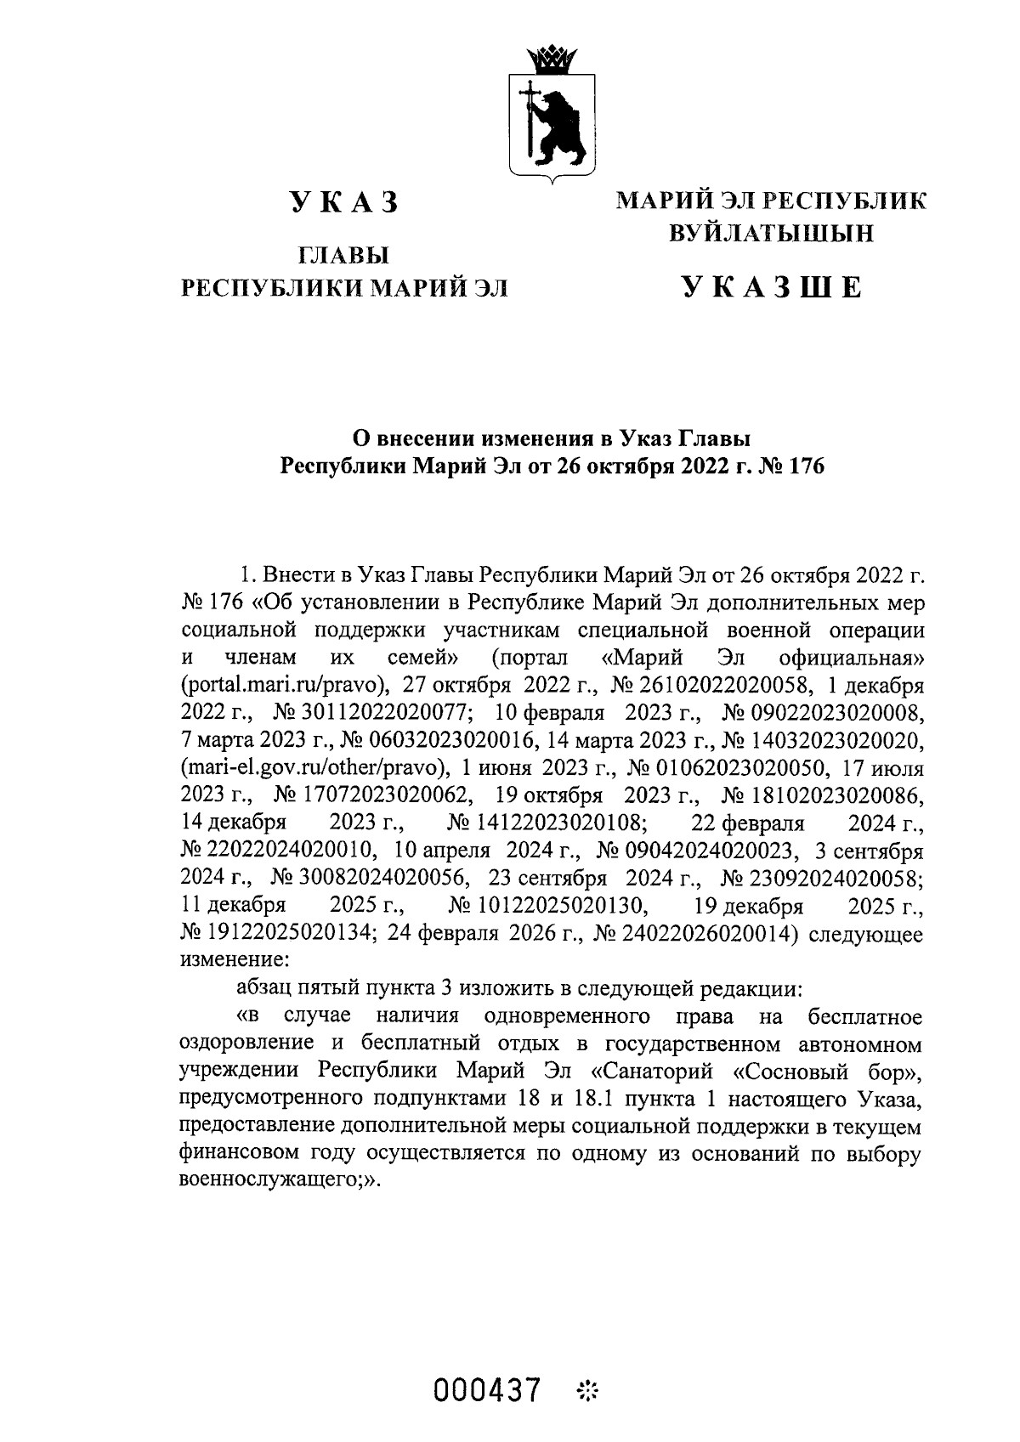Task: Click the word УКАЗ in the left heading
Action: (343, 203)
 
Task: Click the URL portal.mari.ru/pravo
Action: (286, 686)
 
